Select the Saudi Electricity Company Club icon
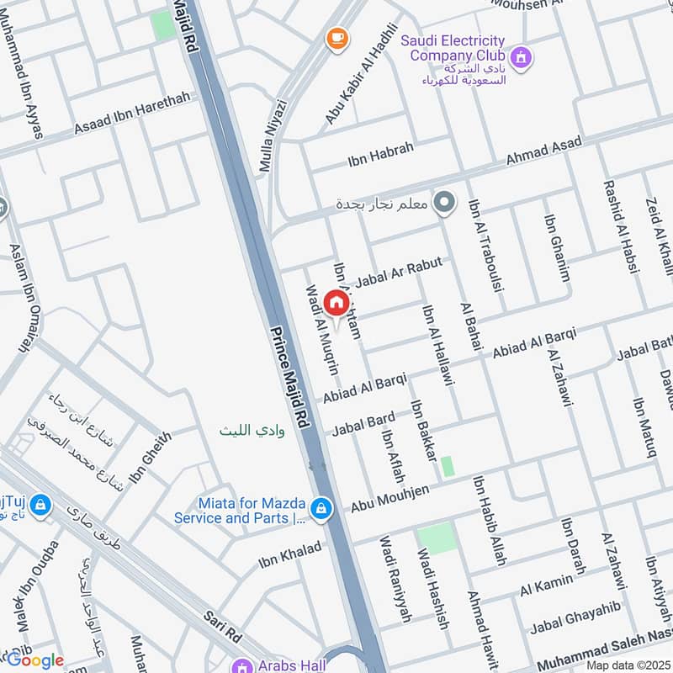pos(522,56)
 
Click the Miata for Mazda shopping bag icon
pos(320,508)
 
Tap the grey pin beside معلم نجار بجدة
pos(447,203)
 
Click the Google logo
pos(34,660)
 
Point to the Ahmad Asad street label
pos(543,151)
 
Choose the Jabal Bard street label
pos(363,424)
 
